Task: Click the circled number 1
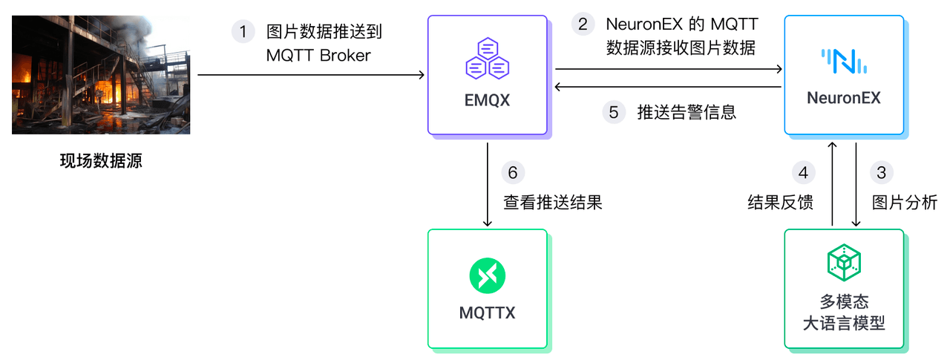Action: (243, 32)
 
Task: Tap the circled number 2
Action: (583, 24)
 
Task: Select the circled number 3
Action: (881, 173)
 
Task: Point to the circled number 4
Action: (803, 173)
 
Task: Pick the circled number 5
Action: (613, 112)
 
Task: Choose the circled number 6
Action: (513, 172)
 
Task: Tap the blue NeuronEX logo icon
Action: (844, 61)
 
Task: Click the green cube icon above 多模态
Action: (844, 261)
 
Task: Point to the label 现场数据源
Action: (101, 161)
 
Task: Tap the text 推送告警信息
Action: (687, 113)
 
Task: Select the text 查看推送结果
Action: (552, 203)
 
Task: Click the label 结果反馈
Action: (780, 203)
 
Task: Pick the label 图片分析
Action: (905, 203)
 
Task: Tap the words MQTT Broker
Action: (318, 56)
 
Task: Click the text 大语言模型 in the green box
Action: (844, 324)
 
